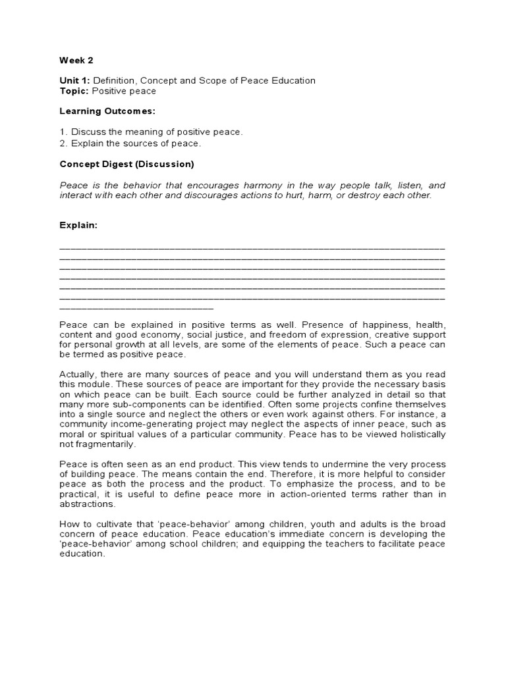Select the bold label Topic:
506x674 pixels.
pyautogui.click(x=74, y=91)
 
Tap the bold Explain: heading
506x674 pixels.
pyautogui.click(x=78, y=225)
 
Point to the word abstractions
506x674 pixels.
pyautogui.click(x=87, y=504)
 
